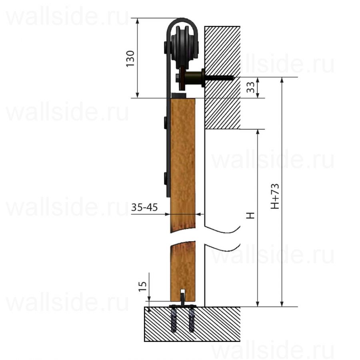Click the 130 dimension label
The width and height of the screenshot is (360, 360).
coord(130,58)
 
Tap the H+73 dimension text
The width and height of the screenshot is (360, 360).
coord(275,196)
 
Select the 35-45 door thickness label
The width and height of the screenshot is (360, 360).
coord(144,208)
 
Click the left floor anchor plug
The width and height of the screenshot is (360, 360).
coord(174,320)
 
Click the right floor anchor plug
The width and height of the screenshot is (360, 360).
coord(192,320)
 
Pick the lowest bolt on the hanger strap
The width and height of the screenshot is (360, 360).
coord(165,178)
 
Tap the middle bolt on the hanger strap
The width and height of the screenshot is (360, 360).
coord(165,122)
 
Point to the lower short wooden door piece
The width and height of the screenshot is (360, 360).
coord(183,270)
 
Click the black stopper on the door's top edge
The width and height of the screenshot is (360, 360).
coord(179,96)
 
